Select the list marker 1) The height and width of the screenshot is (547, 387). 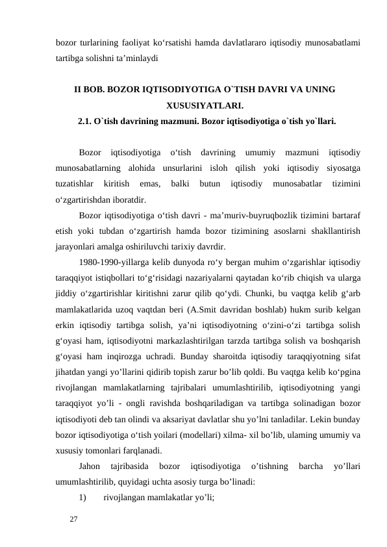click(x=82, y=498)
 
